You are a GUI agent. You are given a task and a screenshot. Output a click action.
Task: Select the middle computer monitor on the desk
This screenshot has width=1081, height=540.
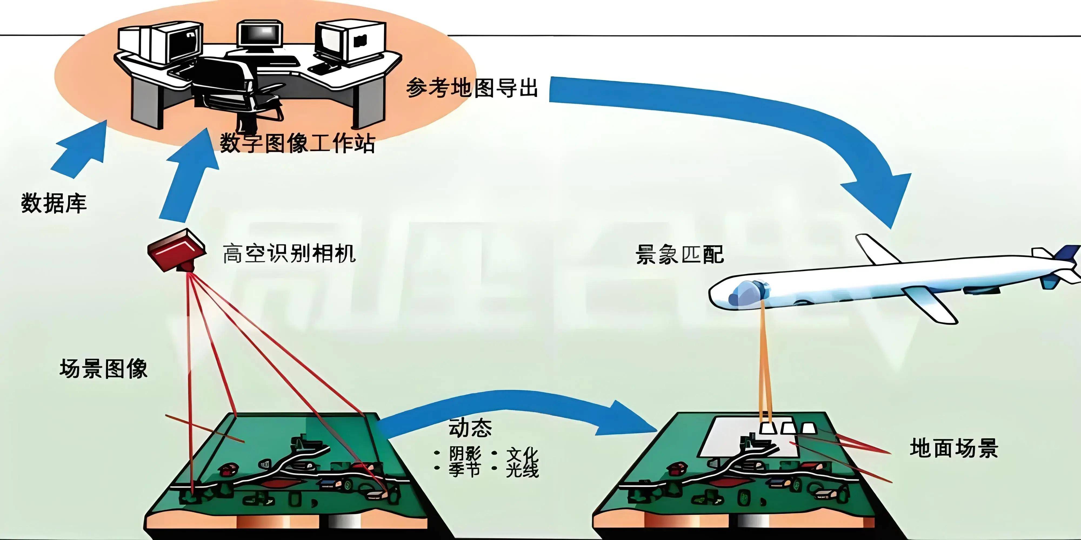[x=259, y=36]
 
